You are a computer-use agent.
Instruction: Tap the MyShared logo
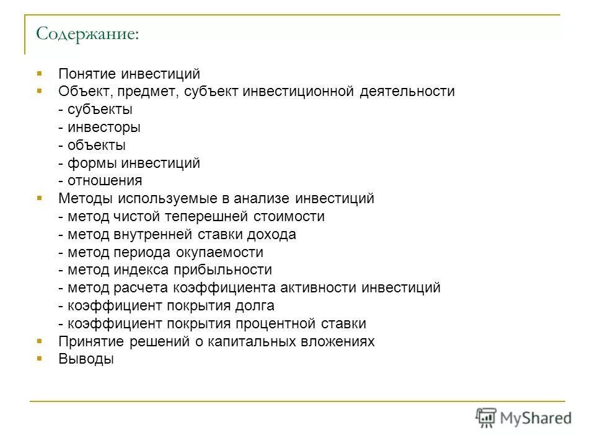(523, 418)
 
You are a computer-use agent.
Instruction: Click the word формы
(91, 164)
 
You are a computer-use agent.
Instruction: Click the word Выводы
(86, 359)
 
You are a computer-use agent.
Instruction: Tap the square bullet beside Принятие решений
(40, 341)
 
